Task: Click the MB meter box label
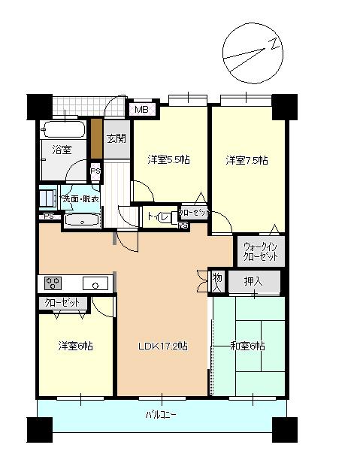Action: tap(142, 110)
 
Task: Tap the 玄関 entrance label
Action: tap(116, 138)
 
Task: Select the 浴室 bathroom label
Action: tap(62, 150)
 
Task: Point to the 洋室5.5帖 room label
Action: tap(168, 159)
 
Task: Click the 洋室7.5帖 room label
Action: tap(247, 160)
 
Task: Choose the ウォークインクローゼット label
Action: tap(260, 251)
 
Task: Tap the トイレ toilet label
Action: tap(157, 217)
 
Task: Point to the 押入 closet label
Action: tap(253, 282)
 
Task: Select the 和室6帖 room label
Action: tap(247, 345)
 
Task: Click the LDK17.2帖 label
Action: tap(162, 346)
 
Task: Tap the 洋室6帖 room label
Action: tap(75, 346)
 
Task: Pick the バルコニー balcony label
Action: tap(160, 416)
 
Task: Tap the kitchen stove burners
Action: tap(54, 283)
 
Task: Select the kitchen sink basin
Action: tap(95, 284)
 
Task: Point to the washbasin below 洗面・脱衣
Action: tap(80, 220)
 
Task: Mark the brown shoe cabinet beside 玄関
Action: tap(95, 138)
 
